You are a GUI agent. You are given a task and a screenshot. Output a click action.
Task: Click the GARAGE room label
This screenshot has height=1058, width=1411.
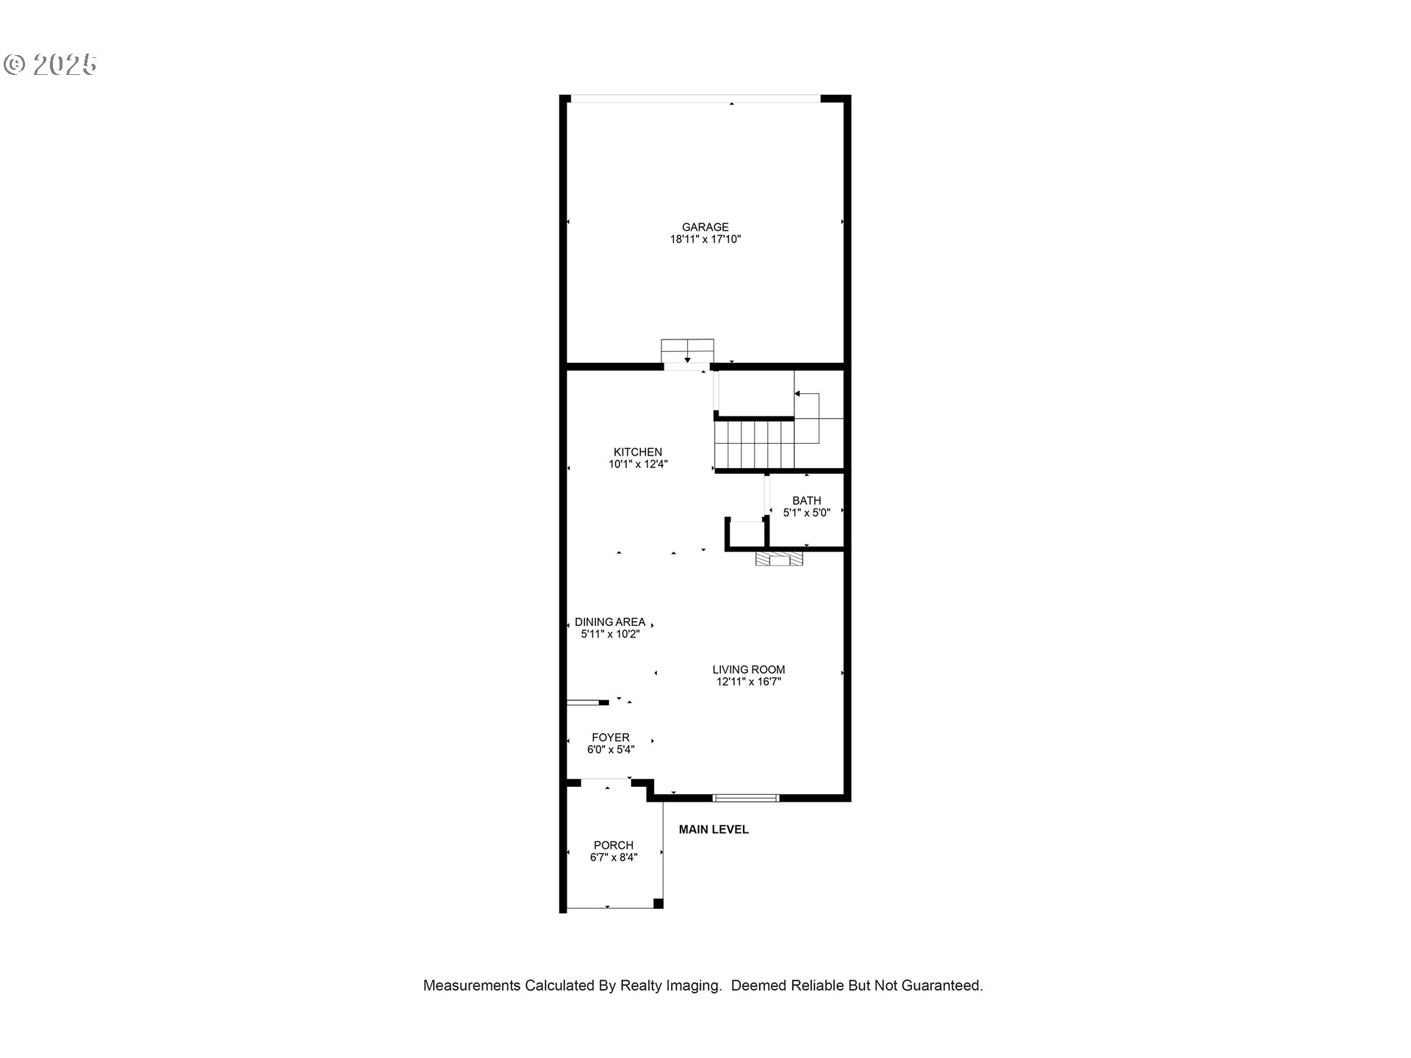705,227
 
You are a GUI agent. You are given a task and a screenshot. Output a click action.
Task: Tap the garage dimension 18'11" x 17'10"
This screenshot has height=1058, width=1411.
705,240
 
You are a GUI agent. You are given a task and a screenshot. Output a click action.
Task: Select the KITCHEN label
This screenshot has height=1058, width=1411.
638,452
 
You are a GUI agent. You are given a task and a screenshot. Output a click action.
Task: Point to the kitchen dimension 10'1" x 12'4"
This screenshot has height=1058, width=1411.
638,464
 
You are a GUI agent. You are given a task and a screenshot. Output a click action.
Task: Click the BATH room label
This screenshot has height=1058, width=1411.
806,500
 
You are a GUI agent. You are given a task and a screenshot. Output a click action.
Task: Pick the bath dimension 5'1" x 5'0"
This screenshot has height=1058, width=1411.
806,513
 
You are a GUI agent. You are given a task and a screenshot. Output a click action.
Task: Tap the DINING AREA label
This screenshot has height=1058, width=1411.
610,622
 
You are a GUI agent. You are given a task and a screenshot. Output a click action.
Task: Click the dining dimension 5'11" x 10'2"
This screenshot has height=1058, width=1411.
610,634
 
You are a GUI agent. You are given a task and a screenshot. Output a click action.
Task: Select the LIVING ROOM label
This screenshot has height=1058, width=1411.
748,669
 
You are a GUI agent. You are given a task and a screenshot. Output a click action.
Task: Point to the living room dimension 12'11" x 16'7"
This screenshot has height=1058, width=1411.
748,682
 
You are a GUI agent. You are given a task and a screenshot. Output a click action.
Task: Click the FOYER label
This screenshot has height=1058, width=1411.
611,738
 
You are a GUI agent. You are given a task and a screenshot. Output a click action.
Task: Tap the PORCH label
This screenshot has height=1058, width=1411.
614,845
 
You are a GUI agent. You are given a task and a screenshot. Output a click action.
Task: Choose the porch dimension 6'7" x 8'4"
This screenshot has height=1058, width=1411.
614,857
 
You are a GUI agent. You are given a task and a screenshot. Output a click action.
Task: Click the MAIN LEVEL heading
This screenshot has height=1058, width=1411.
714,830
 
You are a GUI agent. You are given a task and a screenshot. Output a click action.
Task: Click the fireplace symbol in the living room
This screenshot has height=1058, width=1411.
779,560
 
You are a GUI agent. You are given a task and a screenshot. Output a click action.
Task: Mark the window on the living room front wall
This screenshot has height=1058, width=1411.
745,798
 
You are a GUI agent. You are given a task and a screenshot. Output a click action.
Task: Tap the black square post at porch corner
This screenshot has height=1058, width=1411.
658,904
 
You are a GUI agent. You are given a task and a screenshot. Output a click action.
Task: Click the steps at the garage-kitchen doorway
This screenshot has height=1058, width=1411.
687,350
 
